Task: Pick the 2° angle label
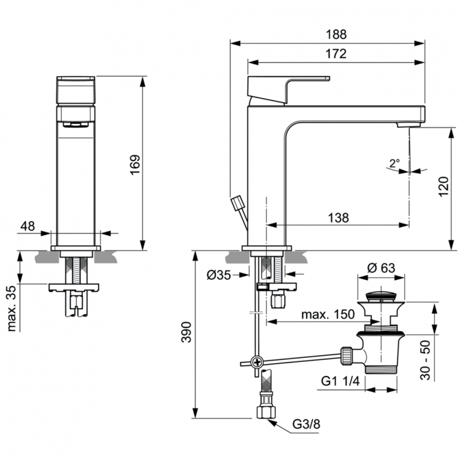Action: click(x=394, y=163)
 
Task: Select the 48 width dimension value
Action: click(x=28, y=226)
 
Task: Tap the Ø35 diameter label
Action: click(x=220, y=275)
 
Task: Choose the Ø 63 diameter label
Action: click(x=380, y=268)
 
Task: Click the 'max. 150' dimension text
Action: click(x=328, y=315)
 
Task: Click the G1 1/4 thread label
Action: click(x=340, y=381)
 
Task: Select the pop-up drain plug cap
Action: click(x=385, y=296)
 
